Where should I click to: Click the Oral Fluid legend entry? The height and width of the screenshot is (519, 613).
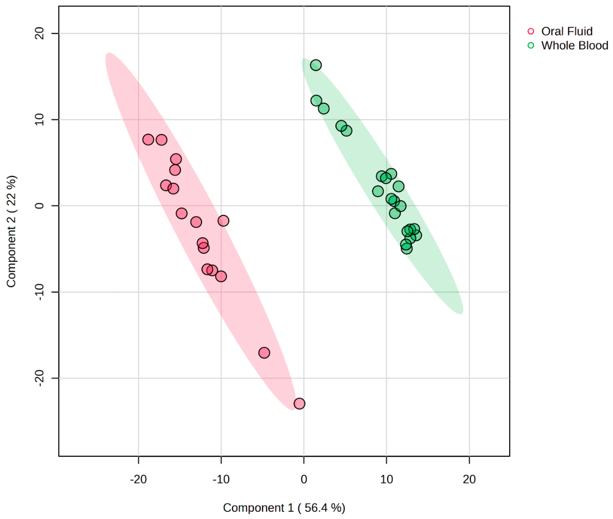click(x=560, y=31)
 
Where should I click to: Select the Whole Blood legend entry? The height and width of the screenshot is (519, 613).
click(x=567, y=46)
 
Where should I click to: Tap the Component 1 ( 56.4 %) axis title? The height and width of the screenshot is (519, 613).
click(x=284, y=508)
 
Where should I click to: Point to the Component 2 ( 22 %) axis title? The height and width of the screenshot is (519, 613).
click(x=11, y=231)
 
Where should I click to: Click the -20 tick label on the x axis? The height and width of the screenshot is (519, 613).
click(x=138, y=479)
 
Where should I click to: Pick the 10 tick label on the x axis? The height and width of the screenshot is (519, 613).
click(x=386, y=479)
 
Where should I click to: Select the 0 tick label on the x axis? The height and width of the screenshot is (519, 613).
click(x=304, y=479)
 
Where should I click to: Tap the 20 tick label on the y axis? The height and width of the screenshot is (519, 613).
click(x=40, y=34)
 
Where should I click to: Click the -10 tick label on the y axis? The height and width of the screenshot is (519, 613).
click(x=40, y=292)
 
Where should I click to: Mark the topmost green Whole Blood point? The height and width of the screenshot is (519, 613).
click(x=316, y=65)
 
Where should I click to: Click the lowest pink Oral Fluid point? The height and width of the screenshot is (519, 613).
click(x=299, y=404)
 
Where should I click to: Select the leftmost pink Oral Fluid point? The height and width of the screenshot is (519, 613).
click(x=148, y=139)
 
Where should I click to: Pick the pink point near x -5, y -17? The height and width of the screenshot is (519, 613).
click(x=264, y=353)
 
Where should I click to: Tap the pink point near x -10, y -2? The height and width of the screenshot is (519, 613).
click(x=223, y=221)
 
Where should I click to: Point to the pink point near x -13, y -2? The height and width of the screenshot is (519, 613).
click(x=196, y=223)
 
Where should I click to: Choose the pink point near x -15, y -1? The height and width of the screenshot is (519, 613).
click(x=182, y=213)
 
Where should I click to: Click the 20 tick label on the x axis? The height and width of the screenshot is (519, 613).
click(x=469, y=479)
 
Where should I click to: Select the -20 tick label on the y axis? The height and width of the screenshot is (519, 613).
click(x=40, y=379)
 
